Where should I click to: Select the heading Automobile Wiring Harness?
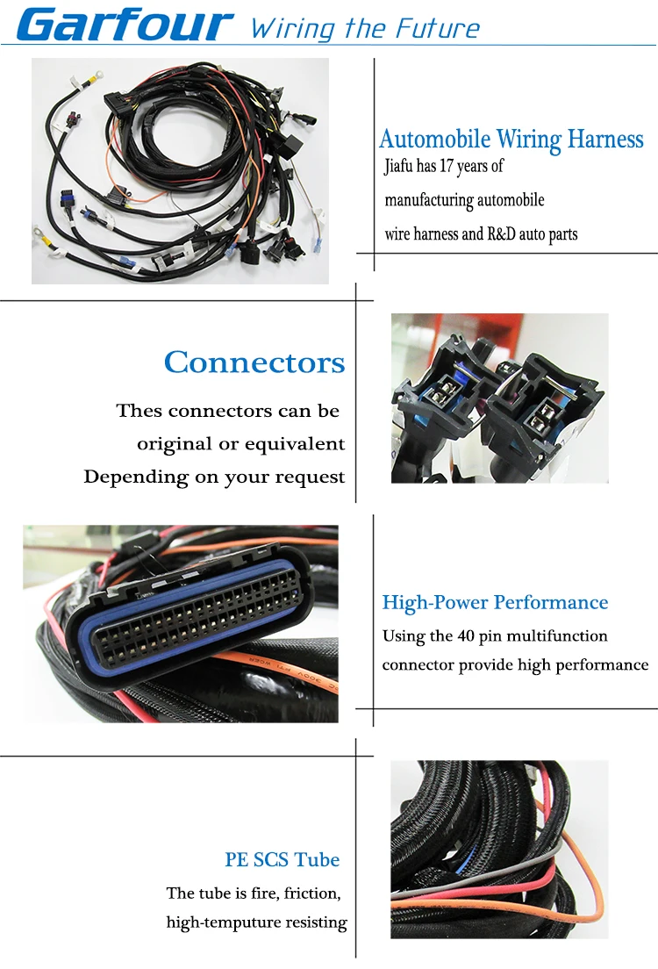point(511,139)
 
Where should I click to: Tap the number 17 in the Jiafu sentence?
point(450,166)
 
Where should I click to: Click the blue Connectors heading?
point(254,362)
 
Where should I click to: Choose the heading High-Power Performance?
point(495,602)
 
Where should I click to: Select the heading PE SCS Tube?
point(282,859)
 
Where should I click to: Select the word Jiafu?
point(400,166)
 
